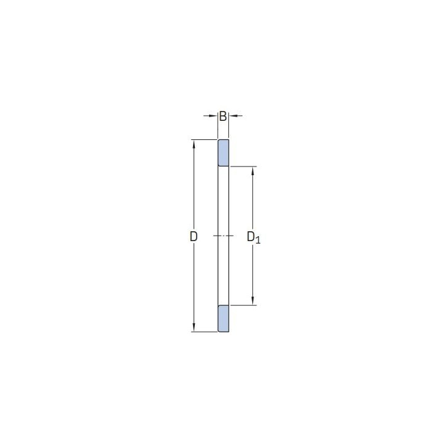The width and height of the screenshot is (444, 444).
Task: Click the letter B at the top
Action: pos(223,117)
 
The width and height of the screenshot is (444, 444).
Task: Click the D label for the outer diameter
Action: pos(194,236)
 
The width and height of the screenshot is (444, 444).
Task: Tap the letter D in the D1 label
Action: pos(251,236)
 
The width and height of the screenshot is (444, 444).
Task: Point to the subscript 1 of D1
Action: pos(258,240)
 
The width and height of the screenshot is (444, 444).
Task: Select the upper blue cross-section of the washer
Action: pos(223,153)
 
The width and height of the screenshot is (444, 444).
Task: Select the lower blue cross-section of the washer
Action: pos(223,319)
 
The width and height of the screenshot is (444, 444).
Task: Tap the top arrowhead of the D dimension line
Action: pos(194,144)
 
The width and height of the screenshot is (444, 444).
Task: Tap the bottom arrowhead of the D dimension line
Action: pos(194,327)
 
